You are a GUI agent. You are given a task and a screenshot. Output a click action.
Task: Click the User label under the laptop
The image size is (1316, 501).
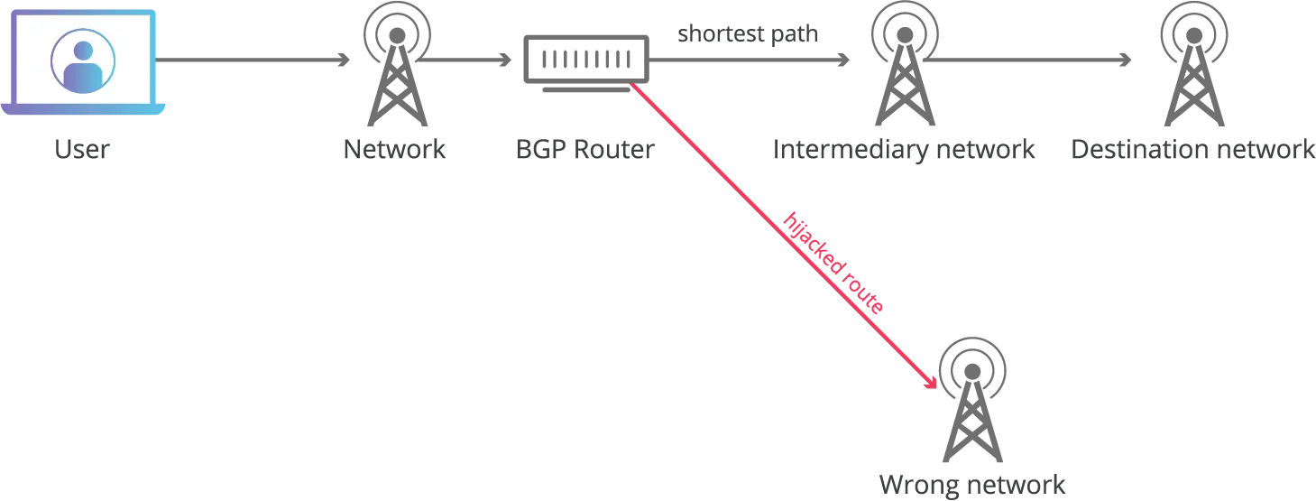(x=82, y=149)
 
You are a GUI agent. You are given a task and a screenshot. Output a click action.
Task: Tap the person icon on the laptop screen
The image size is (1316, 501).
(x=83, y=61)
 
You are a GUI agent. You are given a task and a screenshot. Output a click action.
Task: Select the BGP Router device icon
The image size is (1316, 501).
(x=586, y=63)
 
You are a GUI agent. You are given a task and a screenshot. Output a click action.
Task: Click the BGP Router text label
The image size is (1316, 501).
(x=585, y=149)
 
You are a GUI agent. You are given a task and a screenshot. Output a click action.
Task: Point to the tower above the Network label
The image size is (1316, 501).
(x=397, y=63)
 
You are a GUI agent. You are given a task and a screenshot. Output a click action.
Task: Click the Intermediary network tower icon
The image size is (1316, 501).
(x=905, y=63)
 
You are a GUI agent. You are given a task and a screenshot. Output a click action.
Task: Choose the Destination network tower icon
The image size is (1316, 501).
(x=1194, y=63)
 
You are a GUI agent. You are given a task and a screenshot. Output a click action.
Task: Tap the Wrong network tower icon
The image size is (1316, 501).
(x=972, y=400)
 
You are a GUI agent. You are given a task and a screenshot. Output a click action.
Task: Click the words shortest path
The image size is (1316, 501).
(x=748, y=34)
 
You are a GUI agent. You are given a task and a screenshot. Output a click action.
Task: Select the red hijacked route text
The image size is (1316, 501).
(x=833, y=264)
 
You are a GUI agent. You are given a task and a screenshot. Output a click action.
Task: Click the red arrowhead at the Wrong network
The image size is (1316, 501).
(x=931, y=382)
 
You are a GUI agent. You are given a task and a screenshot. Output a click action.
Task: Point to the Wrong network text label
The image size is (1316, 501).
(x=972, y=485)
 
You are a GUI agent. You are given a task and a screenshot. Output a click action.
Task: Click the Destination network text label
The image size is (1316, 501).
(x=1192, y=149)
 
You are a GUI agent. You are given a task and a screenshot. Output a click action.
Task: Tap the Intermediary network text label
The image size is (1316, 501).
(x=904, y=149)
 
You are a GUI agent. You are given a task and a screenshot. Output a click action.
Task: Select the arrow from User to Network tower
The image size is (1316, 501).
(x=253, y=60)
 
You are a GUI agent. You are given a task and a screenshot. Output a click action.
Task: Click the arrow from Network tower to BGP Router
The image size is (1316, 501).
(x=465, y=60)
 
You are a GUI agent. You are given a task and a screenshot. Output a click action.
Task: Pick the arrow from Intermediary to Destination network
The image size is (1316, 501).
(x=1028, y=60)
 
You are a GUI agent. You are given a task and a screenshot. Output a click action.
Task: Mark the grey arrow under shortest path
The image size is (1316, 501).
(x=750, y=60)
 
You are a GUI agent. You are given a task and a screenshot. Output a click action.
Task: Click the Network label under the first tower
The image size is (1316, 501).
(x=394, y=149)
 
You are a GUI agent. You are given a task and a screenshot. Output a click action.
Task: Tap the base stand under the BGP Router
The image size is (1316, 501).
(x=586, y=90)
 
